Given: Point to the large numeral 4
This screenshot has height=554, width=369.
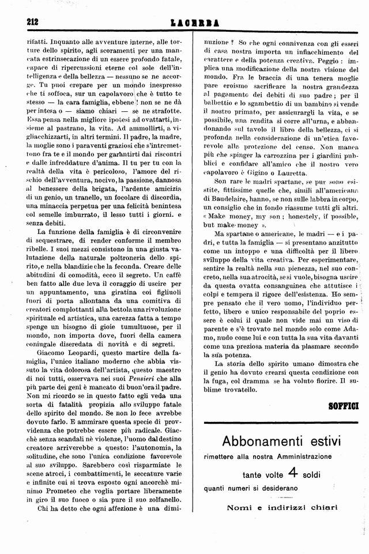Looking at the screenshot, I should (x=292, y=473).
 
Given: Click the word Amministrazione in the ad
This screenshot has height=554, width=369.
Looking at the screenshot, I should (x=299, y=456).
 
